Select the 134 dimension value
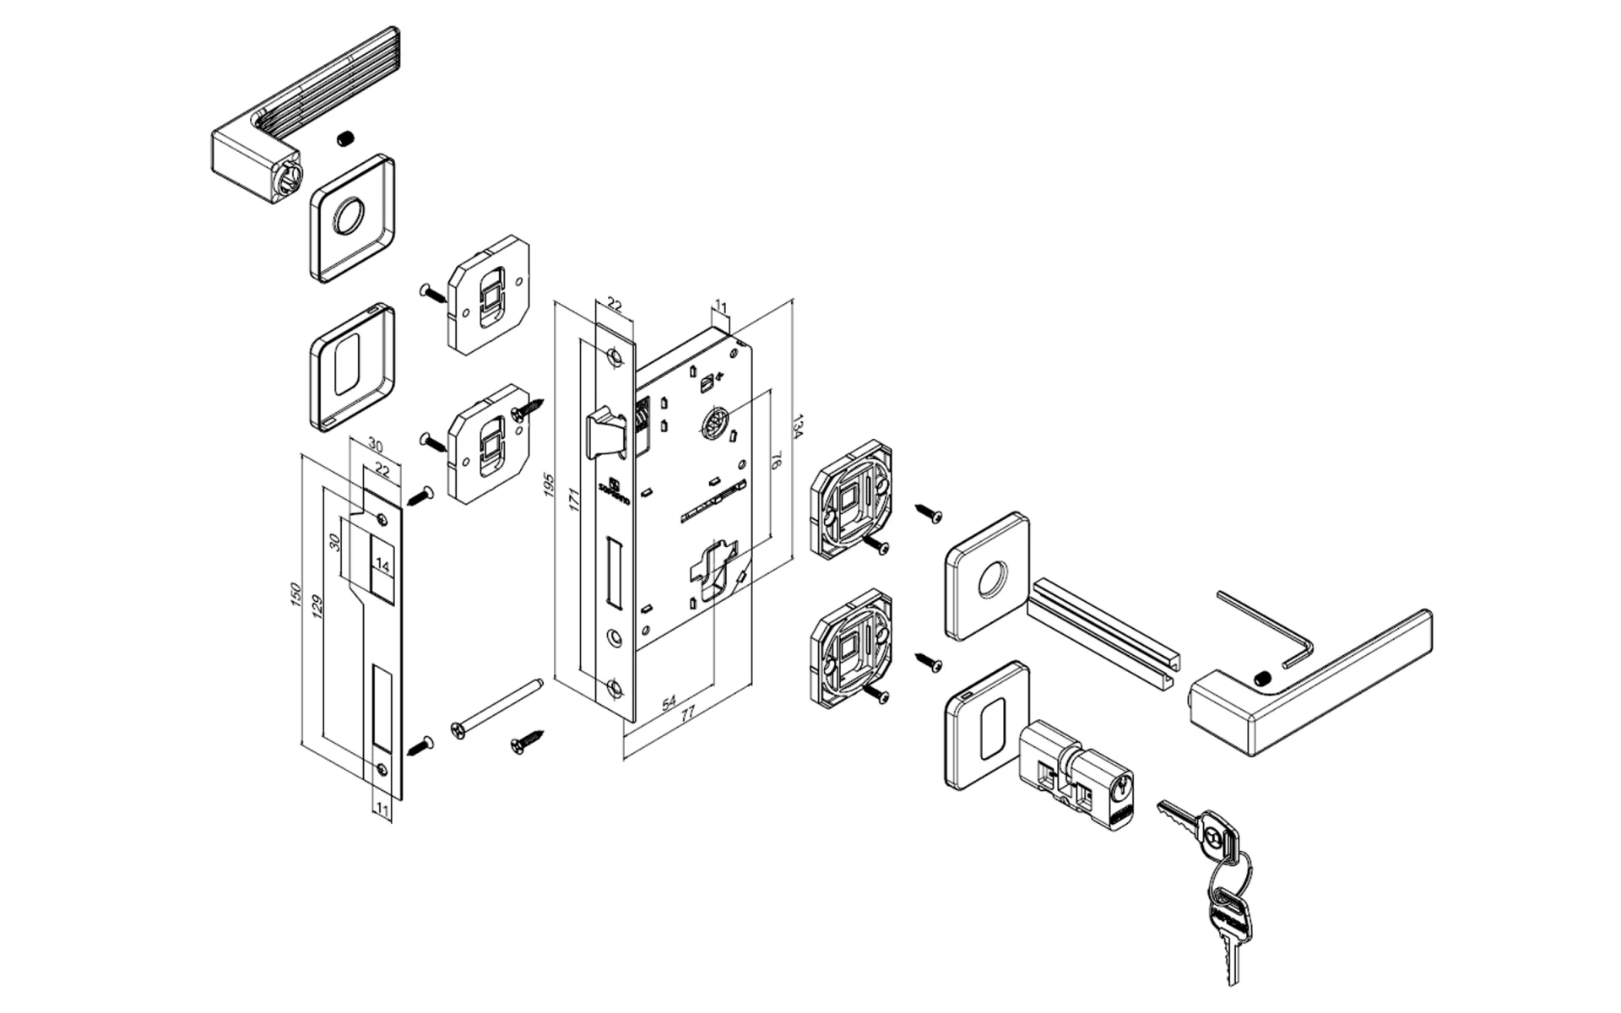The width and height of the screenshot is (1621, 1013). coord(797,427)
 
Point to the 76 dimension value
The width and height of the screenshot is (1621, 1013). coord(776,461)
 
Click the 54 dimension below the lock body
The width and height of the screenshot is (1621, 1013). coord(669,702)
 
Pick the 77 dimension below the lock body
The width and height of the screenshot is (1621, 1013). coord(688,713)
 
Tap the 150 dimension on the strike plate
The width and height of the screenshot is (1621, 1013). coord(295,593)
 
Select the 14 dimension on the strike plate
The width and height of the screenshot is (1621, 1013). coord(382,566)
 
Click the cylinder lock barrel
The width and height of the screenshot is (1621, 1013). coord(1076,772)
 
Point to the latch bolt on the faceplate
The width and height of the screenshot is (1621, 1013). coord(606,433)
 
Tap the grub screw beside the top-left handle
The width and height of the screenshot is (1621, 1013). coord(344,139)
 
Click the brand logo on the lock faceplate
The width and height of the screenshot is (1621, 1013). coord(615,492)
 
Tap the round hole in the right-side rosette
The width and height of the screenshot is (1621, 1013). coord(993,581)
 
